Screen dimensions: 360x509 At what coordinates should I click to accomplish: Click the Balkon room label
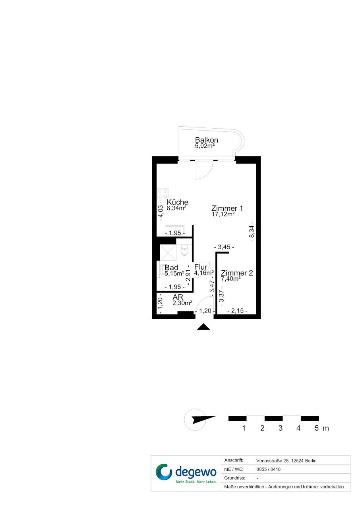point(207,140)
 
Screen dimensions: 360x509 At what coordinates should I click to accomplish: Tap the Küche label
point(178,202)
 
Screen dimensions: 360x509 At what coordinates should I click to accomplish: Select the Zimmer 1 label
point(227,208)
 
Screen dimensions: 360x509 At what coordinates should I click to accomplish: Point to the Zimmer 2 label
point(237,273)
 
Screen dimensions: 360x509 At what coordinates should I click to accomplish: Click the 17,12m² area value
point(223,214)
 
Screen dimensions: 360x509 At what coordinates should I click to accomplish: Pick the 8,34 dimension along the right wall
point(252,231)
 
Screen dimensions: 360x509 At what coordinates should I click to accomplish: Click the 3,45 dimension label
point(224,247)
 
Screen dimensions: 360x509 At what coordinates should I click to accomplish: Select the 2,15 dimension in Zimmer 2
point(238,310)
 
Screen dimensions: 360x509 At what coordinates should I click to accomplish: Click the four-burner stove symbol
point(163,193)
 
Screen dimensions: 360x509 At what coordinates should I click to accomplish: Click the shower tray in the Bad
point(168,252)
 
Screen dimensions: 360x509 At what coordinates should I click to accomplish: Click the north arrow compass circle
point(195,420)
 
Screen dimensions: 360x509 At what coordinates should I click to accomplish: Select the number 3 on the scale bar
point(281,428)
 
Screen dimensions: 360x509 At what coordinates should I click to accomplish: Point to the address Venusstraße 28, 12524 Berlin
point(286,461)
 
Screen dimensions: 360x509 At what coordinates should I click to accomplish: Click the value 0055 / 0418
point(268,469)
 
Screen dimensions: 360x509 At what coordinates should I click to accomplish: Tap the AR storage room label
point(178,297)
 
